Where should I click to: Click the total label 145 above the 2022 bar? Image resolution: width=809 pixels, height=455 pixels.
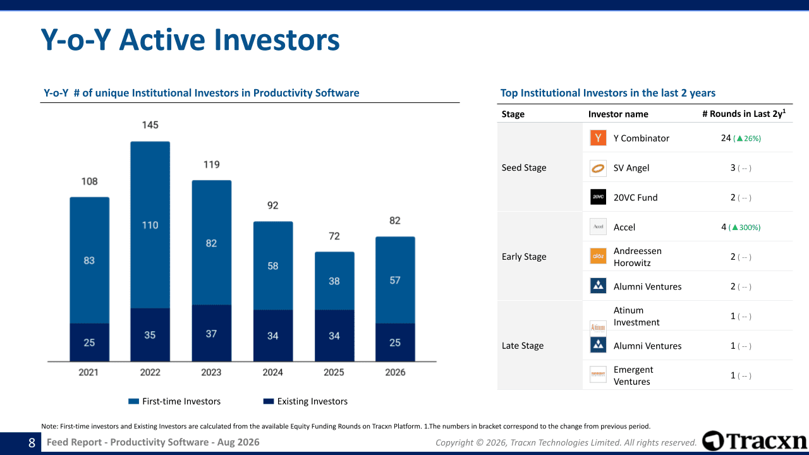click(150, 125)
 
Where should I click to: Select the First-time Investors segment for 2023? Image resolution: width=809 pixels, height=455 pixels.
click(212, 243)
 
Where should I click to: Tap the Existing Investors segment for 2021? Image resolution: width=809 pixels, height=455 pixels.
click(90, 343)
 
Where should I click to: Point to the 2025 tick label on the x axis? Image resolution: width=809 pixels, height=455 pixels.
click(334, 372)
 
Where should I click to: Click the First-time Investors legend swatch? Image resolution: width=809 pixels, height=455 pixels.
click(133, 401)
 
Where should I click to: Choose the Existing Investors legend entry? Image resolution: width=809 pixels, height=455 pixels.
click(305, 401)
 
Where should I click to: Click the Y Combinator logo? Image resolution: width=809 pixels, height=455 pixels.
click(598, 138)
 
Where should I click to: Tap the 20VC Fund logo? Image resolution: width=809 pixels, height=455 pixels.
click(598, 197)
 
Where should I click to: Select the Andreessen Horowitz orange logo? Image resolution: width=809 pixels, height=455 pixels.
click(598, 256)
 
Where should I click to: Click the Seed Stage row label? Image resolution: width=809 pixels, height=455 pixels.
click(524, 167)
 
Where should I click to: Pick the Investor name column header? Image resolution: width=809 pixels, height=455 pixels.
click(618, 114)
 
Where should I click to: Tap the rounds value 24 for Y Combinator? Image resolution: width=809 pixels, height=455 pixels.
click(726, 138)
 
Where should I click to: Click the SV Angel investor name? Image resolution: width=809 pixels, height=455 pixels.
click(631, 168)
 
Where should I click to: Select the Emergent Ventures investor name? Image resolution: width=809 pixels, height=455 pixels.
click(633, 375)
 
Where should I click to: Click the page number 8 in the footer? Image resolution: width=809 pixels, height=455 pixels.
click(32, 443)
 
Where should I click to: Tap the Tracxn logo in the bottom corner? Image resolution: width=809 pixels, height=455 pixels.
click(755, 441)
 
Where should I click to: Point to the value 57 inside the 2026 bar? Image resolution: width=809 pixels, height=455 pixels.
click(395, 280)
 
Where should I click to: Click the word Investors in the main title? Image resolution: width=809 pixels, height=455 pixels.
click(277, 40)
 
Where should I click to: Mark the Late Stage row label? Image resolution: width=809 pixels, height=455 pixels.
click(523, 346)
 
